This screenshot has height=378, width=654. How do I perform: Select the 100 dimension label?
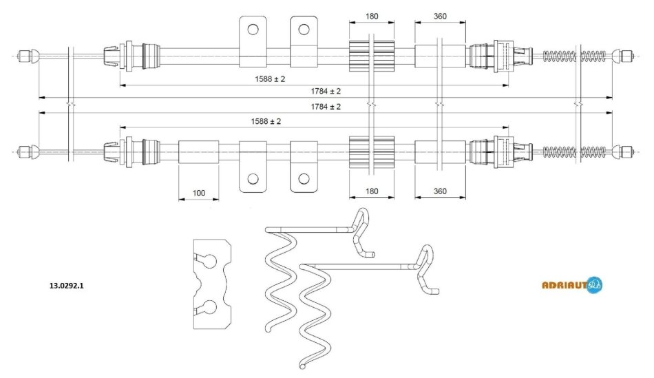click(198, 193)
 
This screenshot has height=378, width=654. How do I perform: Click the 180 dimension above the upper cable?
click(372, 17)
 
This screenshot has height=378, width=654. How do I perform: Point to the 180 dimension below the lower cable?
click(372, 191)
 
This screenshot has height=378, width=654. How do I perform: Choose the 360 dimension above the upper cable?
click(441, 17)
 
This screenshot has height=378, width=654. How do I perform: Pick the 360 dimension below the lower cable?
click(441, 191)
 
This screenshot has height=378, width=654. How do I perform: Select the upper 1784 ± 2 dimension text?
click(326, 91)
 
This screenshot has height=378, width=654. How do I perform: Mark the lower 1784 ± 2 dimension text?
click(326, 107)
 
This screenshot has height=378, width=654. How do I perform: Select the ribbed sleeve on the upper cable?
click(372, 55)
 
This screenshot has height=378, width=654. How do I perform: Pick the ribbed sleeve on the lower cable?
click(372, 151)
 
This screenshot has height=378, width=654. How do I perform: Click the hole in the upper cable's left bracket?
click(253, 29)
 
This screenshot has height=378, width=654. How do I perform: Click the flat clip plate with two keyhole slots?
click(211, 283)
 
